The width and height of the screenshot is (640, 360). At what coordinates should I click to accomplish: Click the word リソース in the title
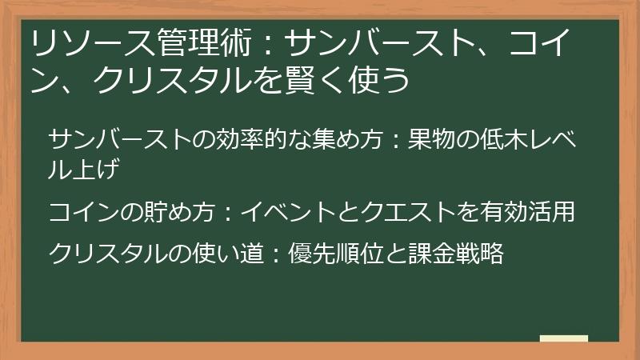(x=93, y=42)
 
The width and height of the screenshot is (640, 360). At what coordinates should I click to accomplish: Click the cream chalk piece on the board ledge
(x=564, y=338)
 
